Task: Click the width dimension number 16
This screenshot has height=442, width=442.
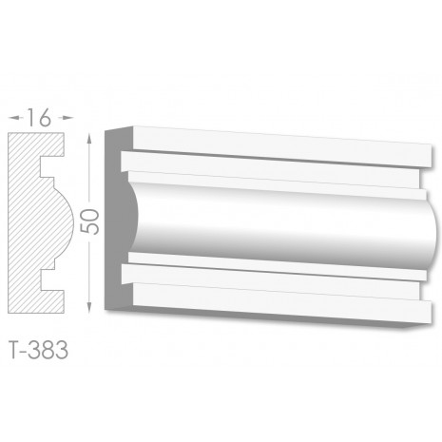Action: [39, 118]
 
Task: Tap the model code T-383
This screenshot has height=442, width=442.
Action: [39, 351]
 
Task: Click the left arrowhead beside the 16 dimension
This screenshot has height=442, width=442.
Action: [14, 118]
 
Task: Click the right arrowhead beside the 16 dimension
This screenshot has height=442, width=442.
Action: [67, 118]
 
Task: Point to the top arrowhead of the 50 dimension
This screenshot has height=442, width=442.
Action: [89, 139]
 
